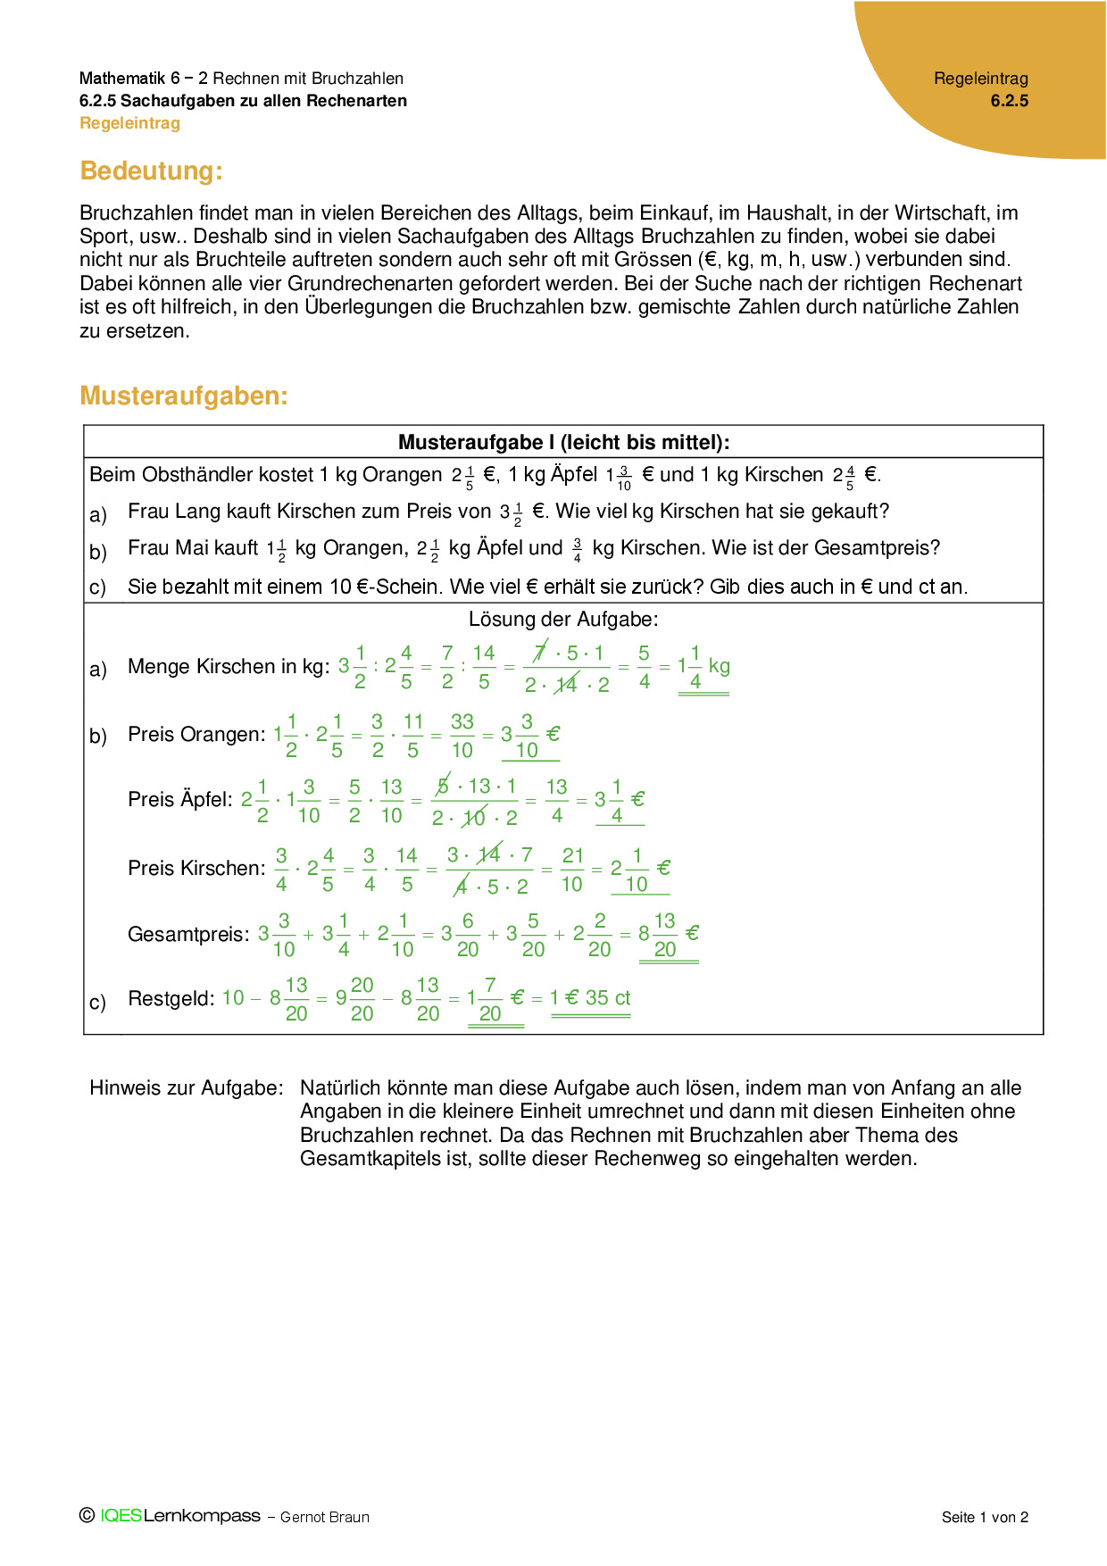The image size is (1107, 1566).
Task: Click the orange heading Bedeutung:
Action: pos(151,171)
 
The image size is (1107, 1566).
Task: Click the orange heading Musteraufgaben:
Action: pos(184,396)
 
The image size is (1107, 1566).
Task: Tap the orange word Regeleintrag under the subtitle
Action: pos(129,123)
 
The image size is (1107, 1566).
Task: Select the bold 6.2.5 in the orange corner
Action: pos(1009,101)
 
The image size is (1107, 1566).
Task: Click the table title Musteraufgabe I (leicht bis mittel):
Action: pos(563,442)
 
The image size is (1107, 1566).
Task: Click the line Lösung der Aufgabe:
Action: pos(563,620)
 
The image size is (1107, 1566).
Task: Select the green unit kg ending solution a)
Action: pos(719,666)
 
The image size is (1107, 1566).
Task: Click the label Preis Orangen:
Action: pos(196,735)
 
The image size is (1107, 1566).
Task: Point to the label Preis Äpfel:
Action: pos(179,799)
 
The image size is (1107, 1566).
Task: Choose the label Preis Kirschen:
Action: pos(196,869)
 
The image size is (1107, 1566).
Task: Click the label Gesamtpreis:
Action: pos(188,935)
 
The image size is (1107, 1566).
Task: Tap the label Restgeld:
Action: pos(171,998)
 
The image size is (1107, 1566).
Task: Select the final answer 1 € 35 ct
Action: pos(590,998)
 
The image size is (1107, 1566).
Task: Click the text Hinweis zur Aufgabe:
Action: pos(186,1088)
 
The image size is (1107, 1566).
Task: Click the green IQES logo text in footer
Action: pos(121,1516)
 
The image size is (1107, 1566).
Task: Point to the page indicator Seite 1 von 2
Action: pos(985,1517)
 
